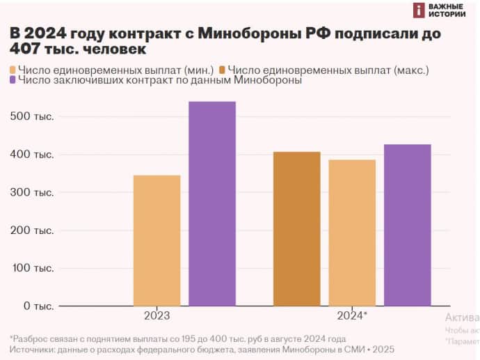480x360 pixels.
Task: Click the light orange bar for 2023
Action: (x=157, y=240)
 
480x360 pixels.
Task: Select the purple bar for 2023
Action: (x=212, y=203)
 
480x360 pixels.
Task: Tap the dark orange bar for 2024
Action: (x=296, y=228)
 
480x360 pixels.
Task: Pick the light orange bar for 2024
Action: (x=352, y=233)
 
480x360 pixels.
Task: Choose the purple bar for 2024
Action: (x=407, y=225)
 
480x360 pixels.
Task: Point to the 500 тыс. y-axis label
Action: (x=32, y=116)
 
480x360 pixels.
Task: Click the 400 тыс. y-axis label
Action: (x=32, y=154)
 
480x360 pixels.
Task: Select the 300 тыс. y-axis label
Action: (x=32, y=192)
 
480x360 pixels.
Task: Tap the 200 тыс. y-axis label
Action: (x=32, y=230)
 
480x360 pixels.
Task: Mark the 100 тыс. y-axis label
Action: (x=32, y=268)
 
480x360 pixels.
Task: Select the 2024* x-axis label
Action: (x=352, y=315)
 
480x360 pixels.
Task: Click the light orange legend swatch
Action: (x=14, y=70)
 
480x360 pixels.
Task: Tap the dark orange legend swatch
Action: (x=223, y=70)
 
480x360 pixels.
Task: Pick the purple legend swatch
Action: (x=14, y=81)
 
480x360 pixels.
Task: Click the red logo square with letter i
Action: (x=419, y=10)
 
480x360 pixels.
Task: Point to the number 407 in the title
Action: (x=26, y=49)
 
